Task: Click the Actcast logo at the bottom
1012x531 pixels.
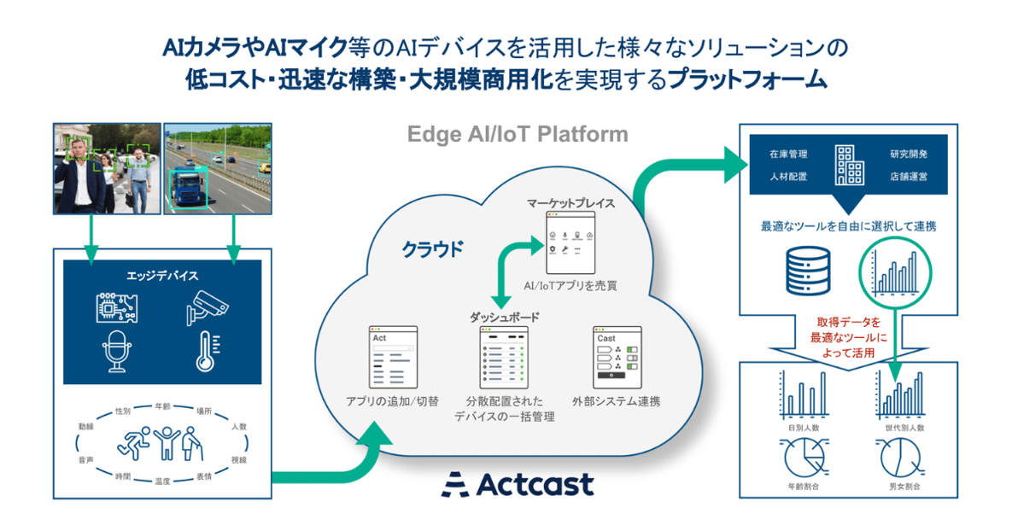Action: click(518, 485)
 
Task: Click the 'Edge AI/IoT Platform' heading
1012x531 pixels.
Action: click(518, 134)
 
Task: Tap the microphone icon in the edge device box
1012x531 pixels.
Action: click(118, 353)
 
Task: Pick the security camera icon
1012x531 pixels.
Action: click(206, 307)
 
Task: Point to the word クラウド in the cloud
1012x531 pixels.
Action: click(433, 249)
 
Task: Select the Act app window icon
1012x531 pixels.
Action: click(391, 356)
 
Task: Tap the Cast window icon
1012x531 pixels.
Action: click(616, 356)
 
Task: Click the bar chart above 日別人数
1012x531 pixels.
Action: click(801, 394)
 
